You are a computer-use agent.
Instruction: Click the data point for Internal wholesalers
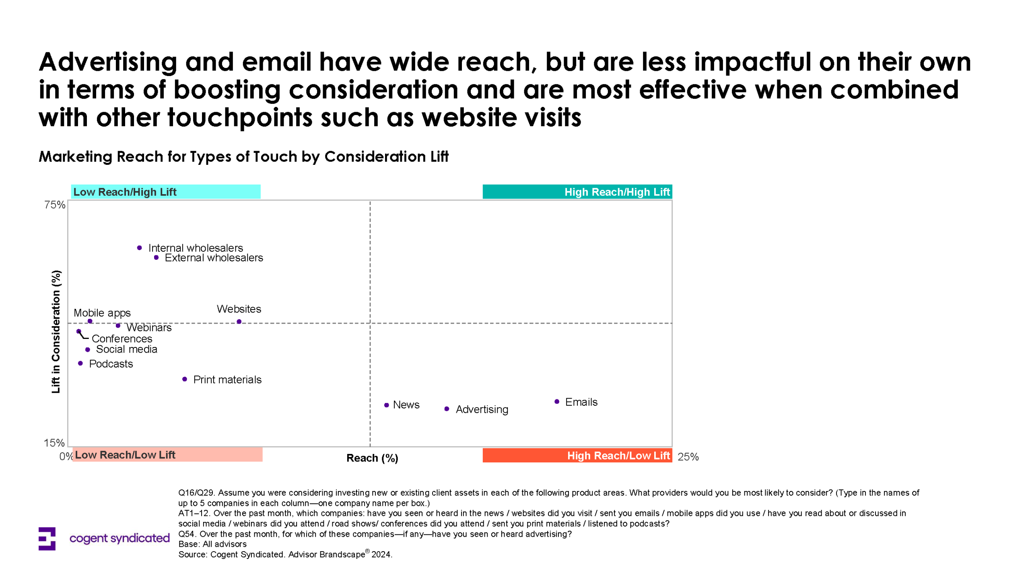pos(139,248)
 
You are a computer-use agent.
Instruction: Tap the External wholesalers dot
pos(156,257)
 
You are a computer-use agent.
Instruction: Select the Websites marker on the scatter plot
pos(239,322)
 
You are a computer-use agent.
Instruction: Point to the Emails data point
pos(557,402)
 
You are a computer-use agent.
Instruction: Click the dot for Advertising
pos(447,409)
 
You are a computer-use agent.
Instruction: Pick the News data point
pos(386,405)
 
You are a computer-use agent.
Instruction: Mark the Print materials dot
pos(185,379)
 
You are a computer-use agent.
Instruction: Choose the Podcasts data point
pos(80,363)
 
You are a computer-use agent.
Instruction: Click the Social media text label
pos(126,349)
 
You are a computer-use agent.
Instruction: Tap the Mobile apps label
pos(102,313)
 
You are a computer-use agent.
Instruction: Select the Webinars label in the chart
pos(149,328)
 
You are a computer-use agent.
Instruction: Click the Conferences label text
pos(122,339)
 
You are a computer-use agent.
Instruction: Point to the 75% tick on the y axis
pos(55,205)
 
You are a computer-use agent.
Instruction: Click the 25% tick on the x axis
pos(688,457)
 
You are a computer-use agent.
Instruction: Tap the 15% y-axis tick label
pos(54,443)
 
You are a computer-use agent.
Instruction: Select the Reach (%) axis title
pos(372,458)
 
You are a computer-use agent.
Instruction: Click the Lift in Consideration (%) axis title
pos(56,332)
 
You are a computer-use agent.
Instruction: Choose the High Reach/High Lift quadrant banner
pos(577,192)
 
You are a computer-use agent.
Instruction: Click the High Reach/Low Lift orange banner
pos(577,456)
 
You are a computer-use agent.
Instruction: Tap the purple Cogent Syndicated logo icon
pos(47,538)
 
